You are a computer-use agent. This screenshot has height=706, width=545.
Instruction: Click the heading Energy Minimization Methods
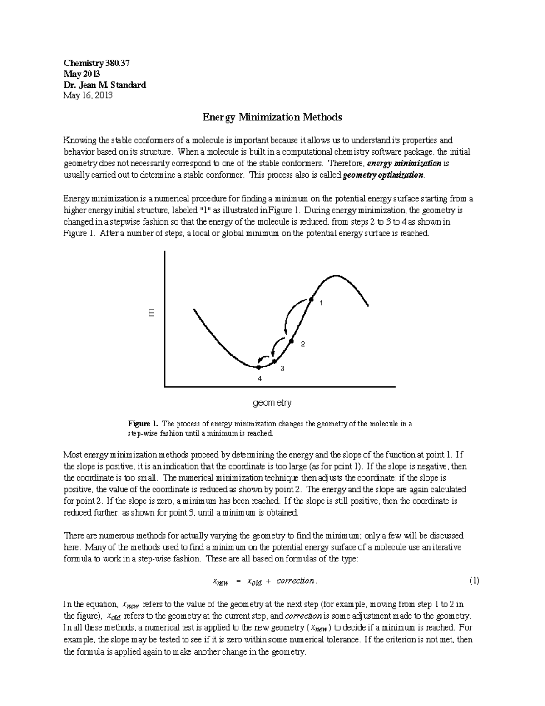(x=272, y=117)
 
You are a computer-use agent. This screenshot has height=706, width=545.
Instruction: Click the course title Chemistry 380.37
(x=97, y=63)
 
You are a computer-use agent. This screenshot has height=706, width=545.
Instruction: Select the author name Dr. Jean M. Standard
(x=105, y=85)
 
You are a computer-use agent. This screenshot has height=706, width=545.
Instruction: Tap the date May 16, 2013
(x=88, y=95)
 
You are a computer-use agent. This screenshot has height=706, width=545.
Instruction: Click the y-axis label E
(x=151, y=314)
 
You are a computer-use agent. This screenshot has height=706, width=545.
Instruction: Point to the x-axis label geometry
(x=272, y=402)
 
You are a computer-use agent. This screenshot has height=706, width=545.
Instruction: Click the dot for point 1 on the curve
(x=311, y=299)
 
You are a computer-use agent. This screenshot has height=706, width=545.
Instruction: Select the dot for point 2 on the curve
(x=292, y=340)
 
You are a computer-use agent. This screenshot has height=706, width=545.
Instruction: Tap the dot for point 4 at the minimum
(x=259, y=367)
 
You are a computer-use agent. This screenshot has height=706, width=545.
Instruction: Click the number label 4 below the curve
(x=259, y=378)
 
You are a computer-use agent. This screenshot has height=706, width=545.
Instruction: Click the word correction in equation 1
(x=295, y=581)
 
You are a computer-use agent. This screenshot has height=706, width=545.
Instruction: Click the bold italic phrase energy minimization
(x=404, y=163)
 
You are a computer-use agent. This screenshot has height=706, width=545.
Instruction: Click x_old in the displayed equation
(x=254, y=581)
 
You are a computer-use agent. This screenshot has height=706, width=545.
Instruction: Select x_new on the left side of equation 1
(x=221, y=581)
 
